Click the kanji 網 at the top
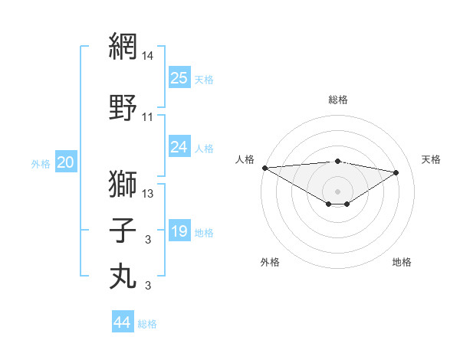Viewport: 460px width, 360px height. coord(123,47)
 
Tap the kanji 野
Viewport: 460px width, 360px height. coord(123,107)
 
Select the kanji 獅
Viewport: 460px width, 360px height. coord(123,184)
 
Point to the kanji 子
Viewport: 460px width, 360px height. coord(123,231)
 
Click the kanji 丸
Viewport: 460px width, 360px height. coord(123,277)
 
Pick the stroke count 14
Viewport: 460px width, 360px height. coord(148,56)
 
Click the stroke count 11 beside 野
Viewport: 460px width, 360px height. coord(148,117)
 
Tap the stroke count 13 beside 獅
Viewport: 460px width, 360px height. coord(148,194)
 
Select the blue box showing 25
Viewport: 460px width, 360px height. coord(179,78)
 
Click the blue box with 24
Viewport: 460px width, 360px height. coord(179,147)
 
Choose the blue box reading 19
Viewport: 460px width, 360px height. coord(179,231)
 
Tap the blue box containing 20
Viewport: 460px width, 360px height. coord(66,162)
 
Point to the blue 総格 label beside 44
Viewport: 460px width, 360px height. coord(147,324)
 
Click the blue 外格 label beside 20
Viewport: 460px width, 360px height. coord(41,164)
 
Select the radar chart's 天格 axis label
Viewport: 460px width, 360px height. coord(431,159)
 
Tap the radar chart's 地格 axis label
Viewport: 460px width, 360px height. coord(402,262)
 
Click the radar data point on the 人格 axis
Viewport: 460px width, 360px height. coord(264,168)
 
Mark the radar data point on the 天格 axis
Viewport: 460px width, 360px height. coord(396,172)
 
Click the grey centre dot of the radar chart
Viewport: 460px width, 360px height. coord(337,191)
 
